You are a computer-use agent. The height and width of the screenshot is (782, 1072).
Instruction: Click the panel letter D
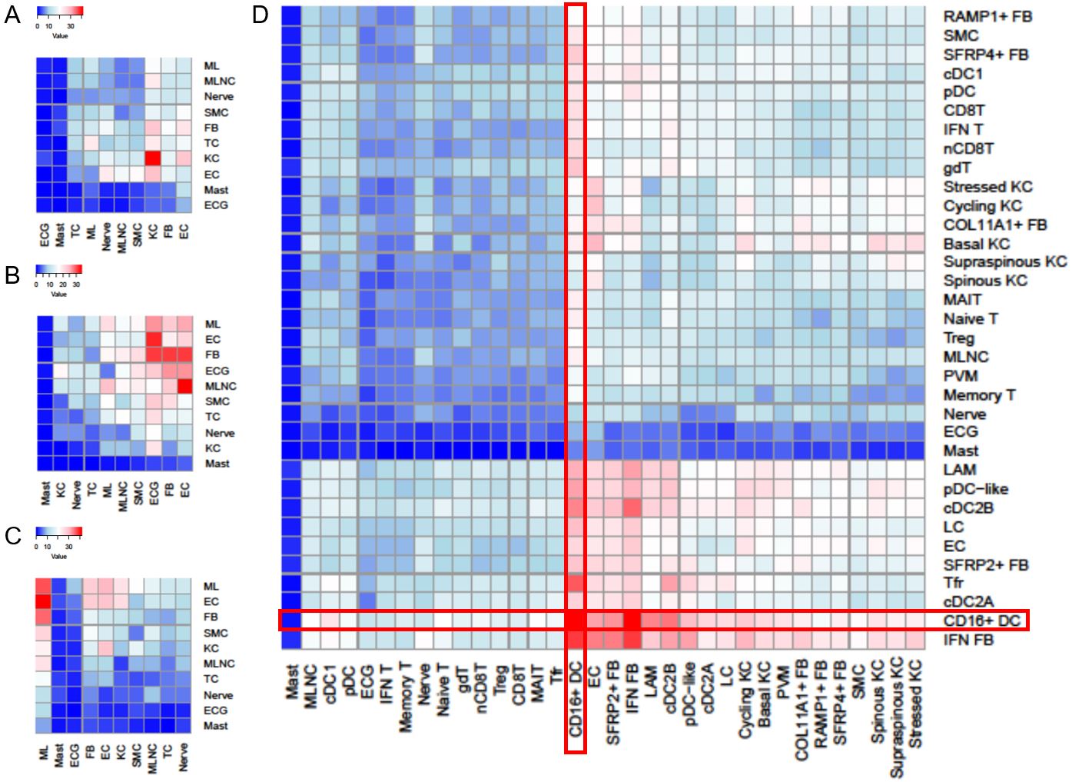261,14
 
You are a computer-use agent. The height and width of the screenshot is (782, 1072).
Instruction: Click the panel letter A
12,15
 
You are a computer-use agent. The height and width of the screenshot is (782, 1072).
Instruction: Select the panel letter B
12,275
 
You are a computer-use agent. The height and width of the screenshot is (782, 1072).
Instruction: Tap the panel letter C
12,536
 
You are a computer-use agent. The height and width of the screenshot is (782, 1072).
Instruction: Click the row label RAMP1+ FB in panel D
987,16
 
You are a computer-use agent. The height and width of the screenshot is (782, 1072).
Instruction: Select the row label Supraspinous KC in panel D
1004,262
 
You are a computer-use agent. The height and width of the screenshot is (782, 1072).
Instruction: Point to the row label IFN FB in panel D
968,640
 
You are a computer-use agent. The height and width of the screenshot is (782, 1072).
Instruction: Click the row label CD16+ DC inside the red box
982,621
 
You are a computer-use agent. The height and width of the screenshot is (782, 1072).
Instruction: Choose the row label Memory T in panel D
979,395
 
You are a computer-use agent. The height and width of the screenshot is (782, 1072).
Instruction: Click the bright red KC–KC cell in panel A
153,158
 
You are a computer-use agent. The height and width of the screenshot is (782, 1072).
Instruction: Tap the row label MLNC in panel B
221,386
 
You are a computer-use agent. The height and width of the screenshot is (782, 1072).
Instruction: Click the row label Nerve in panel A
218,97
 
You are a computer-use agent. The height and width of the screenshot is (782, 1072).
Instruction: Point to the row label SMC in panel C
215,633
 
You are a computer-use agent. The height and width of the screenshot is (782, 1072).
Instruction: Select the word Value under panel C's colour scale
59,557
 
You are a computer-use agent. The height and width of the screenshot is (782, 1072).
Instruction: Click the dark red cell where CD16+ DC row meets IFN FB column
632,620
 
